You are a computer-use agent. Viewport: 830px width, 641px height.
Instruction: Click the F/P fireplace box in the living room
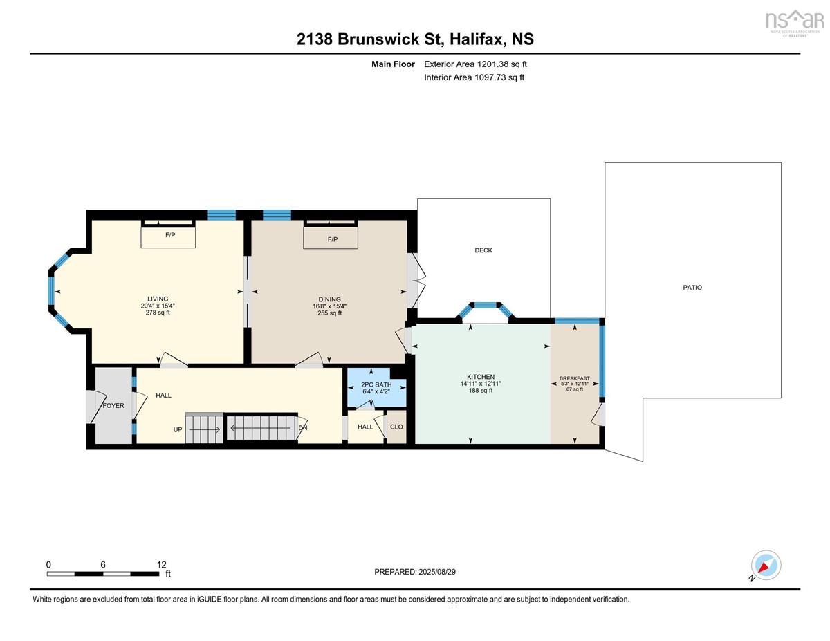[x=168, y=237]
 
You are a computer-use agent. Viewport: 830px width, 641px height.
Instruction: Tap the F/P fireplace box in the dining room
[x=331, y=238]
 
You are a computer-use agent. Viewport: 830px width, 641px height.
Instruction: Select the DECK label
[x=483, y=250]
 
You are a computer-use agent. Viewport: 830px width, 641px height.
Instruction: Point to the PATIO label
[x=692, y=288]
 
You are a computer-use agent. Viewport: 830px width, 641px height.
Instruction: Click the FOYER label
[x=113, y=405]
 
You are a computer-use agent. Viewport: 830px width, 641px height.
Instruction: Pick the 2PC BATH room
[x=376, y=387]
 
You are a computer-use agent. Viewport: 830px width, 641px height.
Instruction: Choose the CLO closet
[x=396, y=427]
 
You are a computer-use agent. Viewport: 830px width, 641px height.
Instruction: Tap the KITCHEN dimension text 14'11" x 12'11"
[x=481, y=384]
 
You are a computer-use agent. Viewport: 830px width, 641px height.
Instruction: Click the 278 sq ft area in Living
[x=158, y=313]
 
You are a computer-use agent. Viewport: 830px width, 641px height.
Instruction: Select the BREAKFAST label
[x=575, y=378]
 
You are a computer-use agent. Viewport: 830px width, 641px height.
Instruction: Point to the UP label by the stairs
[x=178, y=429]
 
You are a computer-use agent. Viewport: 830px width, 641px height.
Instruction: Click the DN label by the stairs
[x=302, y=428]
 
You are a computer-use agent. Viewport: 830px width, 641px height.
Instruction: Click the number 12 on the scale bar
[x=161, y=564]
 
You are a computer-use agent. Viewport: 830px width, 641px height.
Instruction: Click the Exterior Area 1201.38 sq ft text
[x=475, y=64]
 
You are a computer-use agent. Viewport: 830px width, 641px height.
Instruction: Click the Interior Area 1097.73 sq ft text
[x=474, y=77]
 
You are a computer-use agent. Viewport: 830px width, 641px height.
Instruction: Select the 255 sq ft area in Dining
[x=329, y=313]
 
